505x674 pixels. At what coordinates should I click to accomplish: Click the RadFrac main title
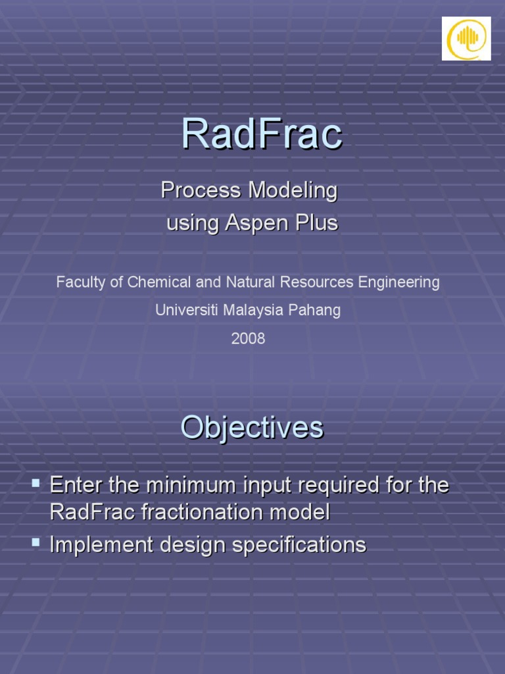tap(262, 134)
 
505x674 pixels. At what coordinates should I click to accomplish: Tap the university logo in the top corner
tap(466, 39)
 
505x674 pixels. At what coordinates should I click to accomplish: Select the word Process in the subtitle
tap(201, 191)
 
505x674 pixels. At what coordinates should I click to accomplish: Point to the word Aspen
tap(250, 224)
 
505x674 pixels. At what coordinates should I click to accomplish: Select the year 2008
tap(248, 339)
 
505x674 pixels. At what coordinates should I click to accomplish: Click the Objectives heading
tap(252, 428)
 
